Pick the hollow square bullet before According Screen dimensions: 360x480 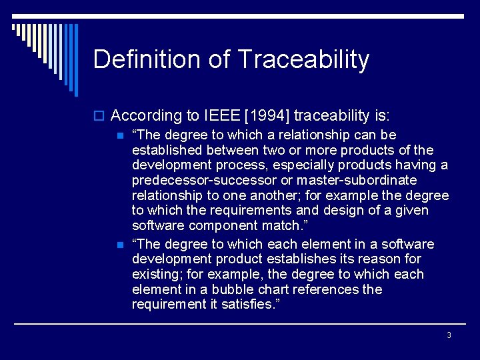point(100,116)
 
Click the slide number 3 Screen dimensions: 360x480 point(449,335)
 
